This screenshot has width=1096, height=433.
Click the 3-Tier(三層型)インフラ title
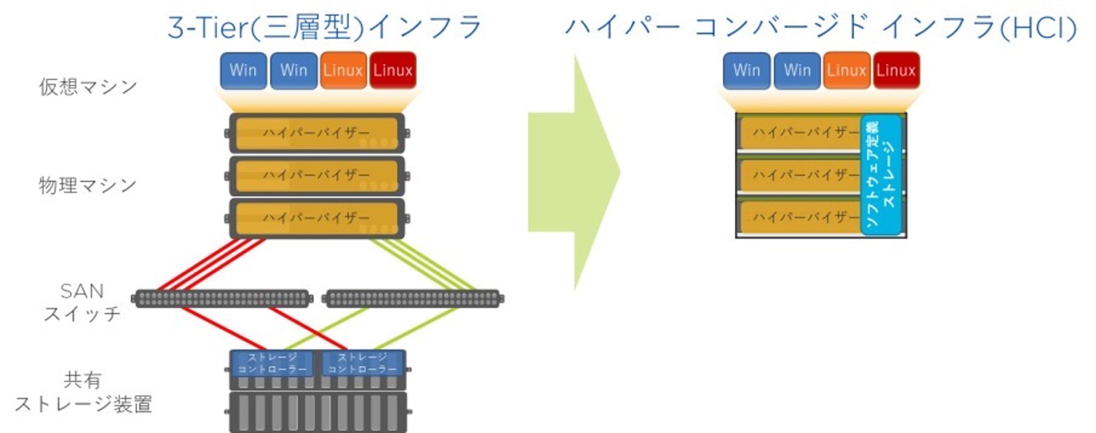tap(325, 27)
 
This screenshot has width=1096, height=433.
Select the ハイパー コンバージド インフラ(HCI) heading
tap(821, 27)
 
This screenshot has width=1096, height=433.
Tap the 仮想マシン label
tap(88, 86)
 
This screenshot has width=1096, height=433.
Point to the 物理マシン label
tap(88, 185)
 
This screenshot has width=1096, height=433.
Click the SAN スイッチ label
tap(82, 302)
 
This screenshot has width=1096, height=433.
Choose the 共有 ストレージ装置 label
tap(83, 392)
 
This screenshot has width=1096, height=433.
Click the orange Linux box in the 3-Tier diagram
tap(343, 70)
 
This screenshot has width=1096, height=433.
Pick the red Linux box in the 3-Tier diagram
tap(392, 70)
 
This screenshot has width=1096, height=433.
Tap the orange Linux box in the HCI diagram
tap(846, 70)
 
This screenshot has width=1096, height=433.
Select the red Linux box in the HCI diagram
tap(896, 70)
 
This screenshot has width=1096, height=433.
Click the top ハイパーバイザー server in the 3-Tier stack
tap(317, 132)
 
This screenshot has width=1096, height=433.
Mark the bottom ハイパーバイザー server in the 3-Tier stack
tap(317, 218)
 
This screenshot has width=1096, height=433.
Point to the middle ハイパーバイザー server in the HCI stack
tap(799, 175)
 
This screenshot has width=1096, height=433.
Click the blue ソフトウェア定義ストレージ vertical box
tap(881, 174)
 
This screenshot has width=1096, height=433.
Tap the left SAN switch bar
tap(221, 298)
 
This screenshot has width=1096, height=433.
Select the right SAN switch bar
tap(413, 298)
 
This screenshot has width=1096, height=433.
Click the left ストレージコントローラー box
tap(272, 363)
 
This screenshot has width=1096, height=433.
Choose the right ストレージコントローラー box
tap(362, 363)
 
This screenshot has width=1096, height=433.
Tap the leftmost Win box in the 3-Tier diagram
tap(243, 70)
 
